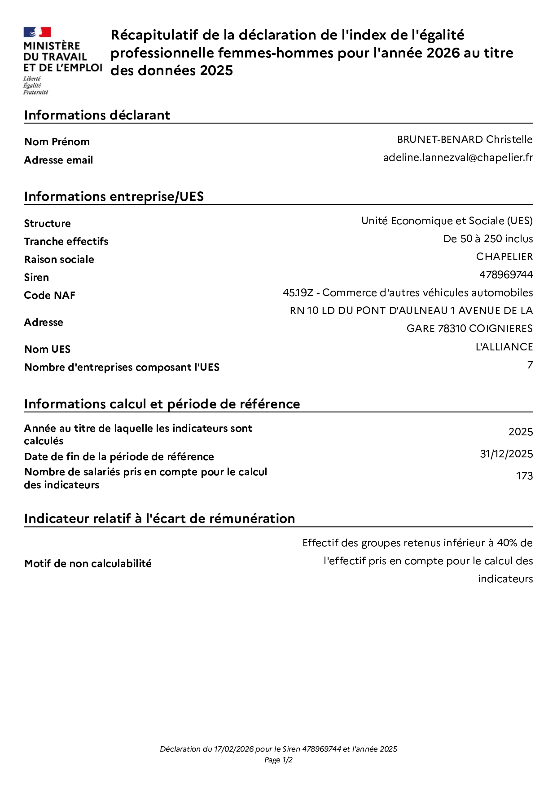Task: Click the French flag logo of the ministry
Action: (x=37, y=32)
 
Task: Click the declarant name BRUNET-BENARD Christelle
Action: (x=465, y=140)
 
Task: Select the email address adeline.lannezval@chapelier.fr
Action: (x=458, y=158)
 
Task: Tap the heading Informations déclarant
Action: (x=97, y=115)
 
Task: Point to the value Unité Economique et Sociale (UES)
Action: (x=447, y=221)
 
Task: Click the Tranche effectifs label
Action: (x=66, y=242)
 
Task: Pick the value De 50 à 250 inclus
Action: (x=488, y=239)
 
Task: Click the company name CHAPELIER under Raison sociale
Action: (x=504, y=257)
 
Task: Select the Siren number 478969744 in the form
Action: (x=506, y=275)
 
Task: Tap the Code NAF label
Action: (x=50, y=296)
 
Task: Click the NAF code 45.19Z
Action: (x=298, y=293)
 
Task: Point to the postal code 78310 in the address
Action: (x=452, y=329)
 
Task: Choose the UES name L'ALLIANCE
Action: (x=504, y=347)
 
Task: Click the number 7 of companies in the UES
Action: (x=530, y=365)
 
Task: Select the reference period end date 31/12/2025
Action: (x=506, y=454)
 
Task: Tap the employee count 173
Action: (x=524, y=476)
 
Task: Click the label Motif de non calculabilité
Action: (x=88, y=564)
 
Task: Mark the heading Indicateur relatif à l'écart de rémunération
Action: (x=159, y=519)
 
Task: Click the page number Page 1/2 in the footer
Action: (x=278, y=760)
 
